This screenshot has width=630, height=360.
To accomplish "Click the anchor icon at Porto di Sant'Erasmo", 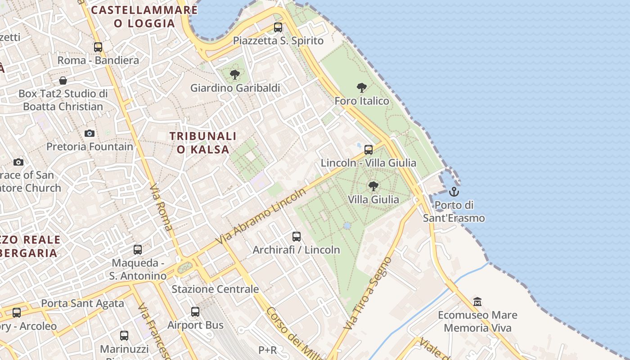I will [454, 192].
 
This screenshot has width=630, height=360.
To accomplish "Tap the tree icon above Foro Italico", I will [361, 87].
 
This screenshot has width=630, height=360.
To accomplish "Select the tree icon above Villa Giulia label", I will [373, 185].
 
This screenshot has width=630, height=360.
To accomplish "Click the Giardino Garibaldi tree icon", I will [234, 74].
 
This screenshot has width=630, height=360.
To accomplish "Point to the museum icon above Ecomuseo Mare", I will [477, 301].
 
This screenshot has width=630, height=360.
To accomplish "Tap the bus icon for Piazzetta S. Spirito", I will [278, 27].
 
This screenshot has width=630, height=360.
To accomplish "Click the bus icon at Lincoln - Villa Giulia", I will [369, 149].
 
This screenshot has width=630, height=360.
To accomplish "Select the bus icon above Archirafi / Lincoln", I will [296, 236].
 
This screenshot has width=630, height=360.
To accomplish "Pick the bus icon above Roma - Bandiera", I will [98, 47].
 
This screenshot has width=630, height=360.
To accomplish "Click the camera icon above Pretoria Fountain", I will [90, 133].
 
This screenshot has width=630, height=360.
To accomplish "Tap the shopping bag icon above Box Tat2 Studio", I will [63, 81].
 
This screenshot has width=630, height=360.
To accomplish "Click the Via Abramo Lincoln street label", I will [261, 216].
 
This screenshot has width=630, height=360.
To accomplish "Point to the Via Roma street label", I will [162, 207].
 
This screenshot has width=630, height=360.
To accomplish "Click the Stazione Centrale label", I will [215, 289].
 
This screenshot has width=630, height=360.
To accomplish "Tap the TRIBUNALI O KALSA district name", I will [203, 143].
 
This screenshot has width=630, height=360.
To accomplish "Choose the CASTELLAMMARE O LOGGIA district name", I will [144, 17].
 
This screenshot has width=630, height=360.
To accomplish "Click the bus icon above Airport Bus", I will [195, 311].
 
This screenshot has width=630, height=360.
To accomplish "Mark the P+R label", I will [267, 350].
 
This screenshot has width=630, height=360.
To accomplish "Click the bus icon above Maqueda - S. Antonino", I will [138, 249].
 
